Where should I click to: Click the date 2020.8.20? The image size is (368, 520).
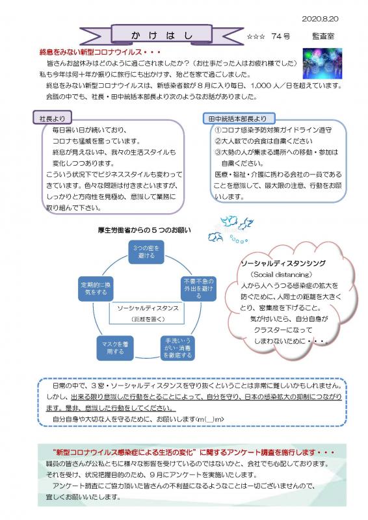click(320, 19)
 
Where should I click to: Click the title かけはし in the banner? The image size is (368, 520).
click(162, 36)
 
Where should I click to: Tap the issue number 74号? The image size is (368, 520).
click(280, 36)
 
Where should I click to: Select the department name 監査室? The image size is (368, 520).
click(323, 36)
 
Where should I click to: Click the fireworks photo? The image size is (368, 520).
click(322, 63)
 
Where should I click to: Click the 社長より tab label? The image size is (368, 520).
click(52, 118)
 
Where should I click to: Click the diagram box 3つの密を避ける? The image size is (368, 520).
click(146, 252)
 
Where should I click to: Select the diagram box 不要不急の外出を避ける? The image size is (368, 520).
click(198, 288)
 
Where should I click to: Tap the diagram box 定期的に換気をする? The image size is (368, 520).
click(96, 289)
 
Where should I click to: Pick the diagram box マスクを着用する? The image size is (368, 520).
click(115, 348)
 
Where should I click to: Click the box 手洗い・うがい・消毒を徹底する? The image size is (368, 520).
click(177, 348)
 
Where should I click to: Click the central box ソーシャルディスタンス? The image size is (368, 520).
click(147, 313)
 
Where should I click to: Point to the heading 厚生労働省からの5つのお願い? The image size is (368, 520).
click(144, 230)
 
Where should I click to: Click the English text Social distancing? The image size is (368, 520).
click(281, 274)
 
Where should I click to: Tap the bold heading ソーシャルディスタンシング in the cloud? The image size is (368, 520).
click(283, 263)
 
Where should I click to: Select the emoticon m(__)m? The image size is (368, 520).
click(211, 419)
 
